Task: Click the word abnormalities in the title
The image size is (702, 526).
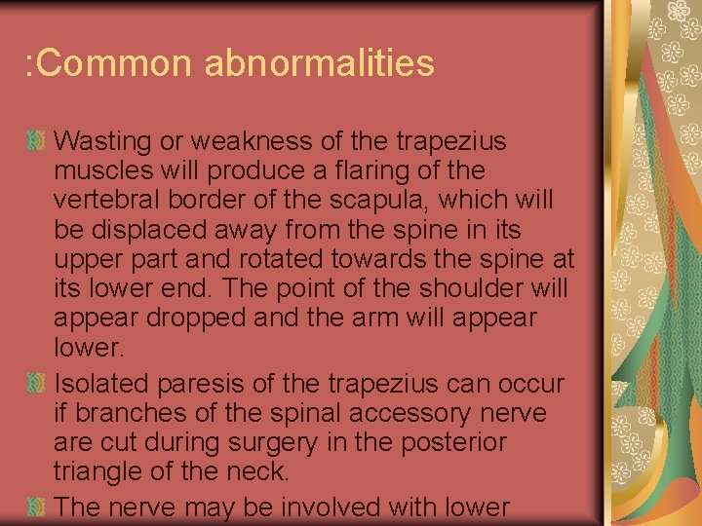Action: click(320, 64)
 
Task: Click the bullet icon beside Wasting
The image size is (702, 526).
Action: click(36, 142)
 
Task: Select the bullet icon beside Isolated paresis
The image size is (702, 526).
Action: click(36, 384)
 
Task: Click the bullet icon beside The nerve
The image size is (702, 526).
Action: click(36, 506)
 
